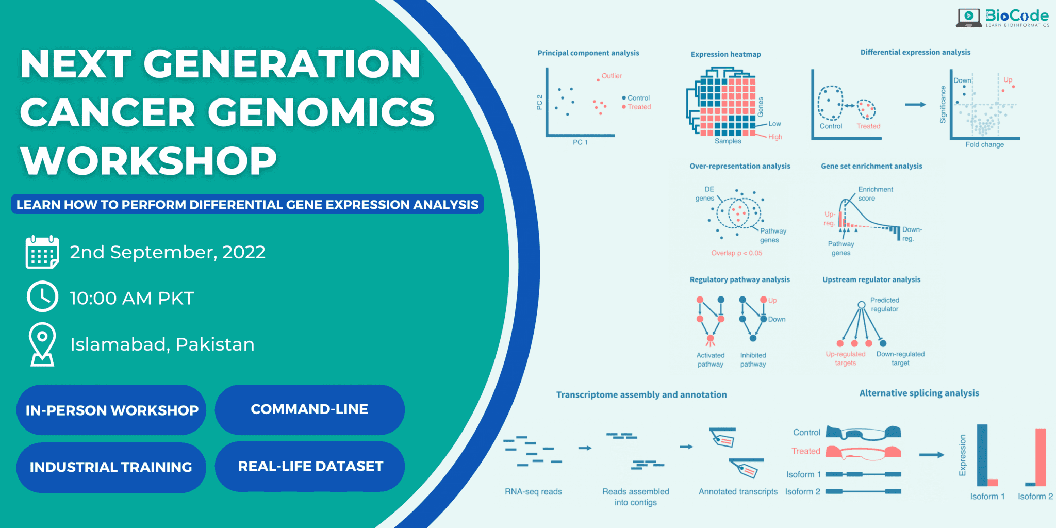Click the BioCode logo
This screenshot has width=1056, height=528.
pos(1002,18)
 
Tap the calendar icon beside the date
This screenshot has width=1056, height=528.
pos(42,252)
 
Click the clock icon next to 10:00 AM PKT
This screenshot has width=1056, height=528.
pos(42,296)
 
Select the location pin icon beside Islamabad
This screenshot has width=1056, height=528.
pos(42,344)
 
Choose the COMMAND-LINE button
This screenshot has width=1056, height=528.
pos(309,409)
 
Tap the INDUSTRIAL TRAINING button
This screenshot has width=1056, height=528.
pos(111,467)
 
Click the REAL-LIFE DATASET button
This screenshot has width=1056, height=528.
pos(310,466)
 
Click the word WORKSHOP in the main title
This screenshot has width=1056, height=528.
pos(148,160)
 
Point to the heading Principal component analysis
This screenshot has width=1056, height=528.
pos(588,53)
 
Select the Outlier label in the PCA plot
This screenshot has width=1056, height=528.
pos(612,76)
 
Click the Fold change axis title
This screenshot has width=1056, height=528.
pos(984,145)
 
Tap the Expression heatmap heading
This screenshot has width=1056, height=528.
pos(725,54)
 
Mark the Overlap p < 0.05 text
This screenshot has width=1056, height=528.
pos(736,253)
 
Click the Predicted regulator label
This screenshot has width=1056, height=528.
pos(884,305)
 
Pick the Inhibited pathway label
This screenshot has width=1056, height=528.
pos(753,360)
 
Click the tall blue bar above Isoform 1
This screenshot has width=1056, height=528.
pos(982,454)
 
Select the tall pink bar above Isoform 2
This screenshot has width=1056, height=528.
pos(1040,457)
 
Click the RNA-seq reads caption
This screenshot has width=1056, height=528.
pos(533,492)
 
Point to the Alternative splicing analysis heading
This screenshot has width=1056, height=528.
pos(919,393)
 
